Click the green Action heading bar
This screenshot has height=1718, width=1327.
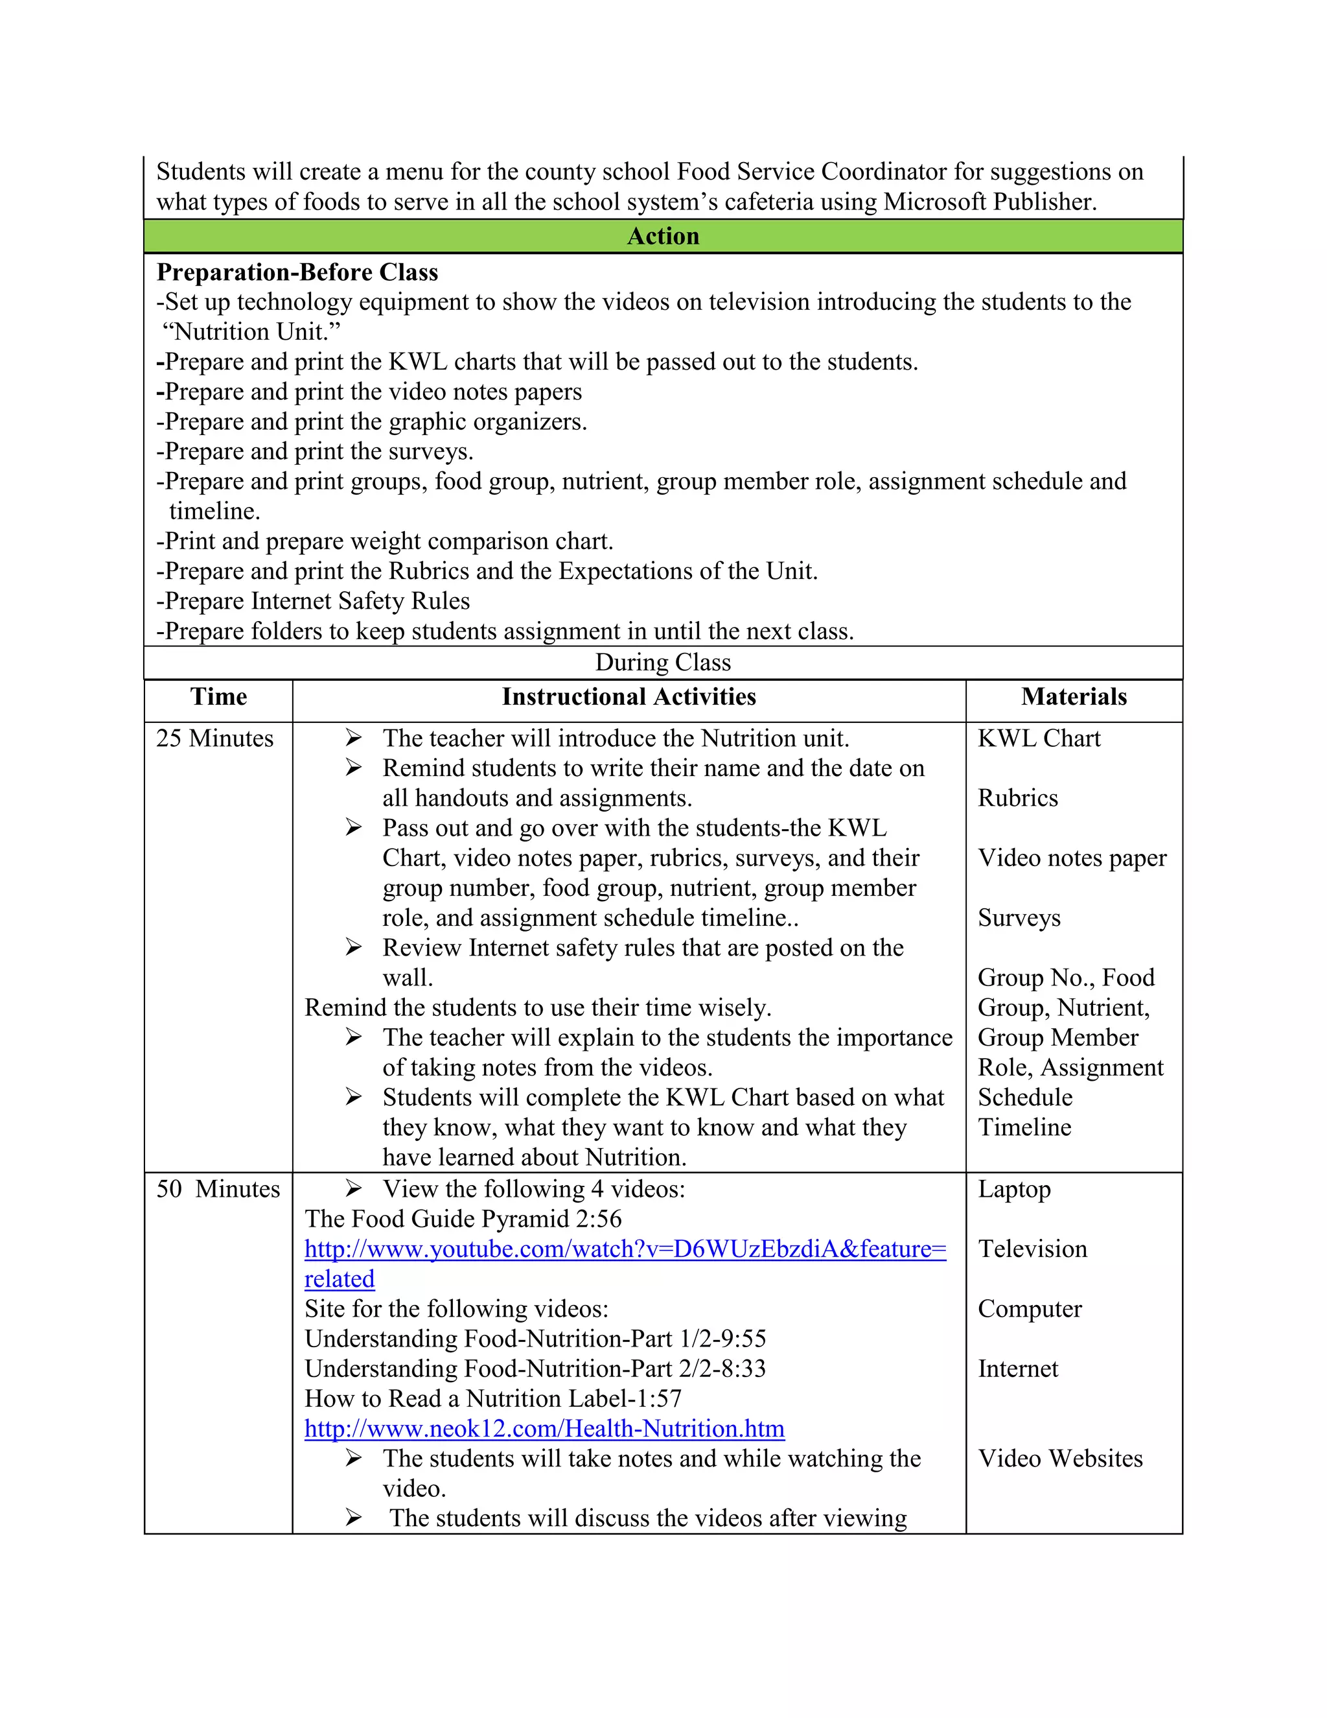[x=663, y=236]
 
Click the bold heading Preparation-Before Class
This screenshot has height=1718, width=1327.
[x=297, y=272]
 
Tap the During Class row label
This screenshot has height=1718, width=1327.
[x=663, y=663]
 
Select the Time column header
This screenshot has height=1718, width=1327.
[x=218, y=697]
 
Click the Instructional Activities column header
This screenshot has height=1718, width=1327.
[x=629, y=697]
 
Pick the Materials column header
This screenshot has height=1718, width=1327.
[x=1074, y=697]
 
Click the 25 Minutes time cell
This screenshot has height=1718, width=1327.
[x=214, y=738]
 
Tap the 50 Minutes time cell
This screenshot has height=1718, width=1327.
[x=218, y=1190]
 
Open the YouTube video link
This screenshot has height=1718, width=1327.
[x=625, y=1249]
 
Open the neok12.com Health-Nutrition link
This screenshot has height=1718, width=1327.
[x=544, y=1428]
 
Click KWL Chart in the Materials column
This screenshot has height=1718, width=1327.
[x=1039, y=738]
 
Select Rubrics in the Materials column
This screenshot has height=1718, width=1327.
[x=1017, y=799]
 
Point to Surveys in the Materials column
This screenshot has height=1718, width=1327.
[x=1019, y=918]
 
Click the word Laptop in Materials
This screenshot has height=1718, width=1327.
[x=1014, y=1190]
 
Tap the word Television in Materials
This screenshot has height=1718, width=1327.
[x=1032, y=1249]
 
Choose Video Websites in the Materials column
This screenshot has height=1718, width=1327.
[x=1059, y=1459]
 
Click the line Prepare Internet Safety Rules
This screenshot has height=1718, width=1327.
[x=314, y=601]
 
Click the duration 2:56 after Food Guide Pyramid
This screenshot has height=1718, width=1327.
[x=598, y=1219]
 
